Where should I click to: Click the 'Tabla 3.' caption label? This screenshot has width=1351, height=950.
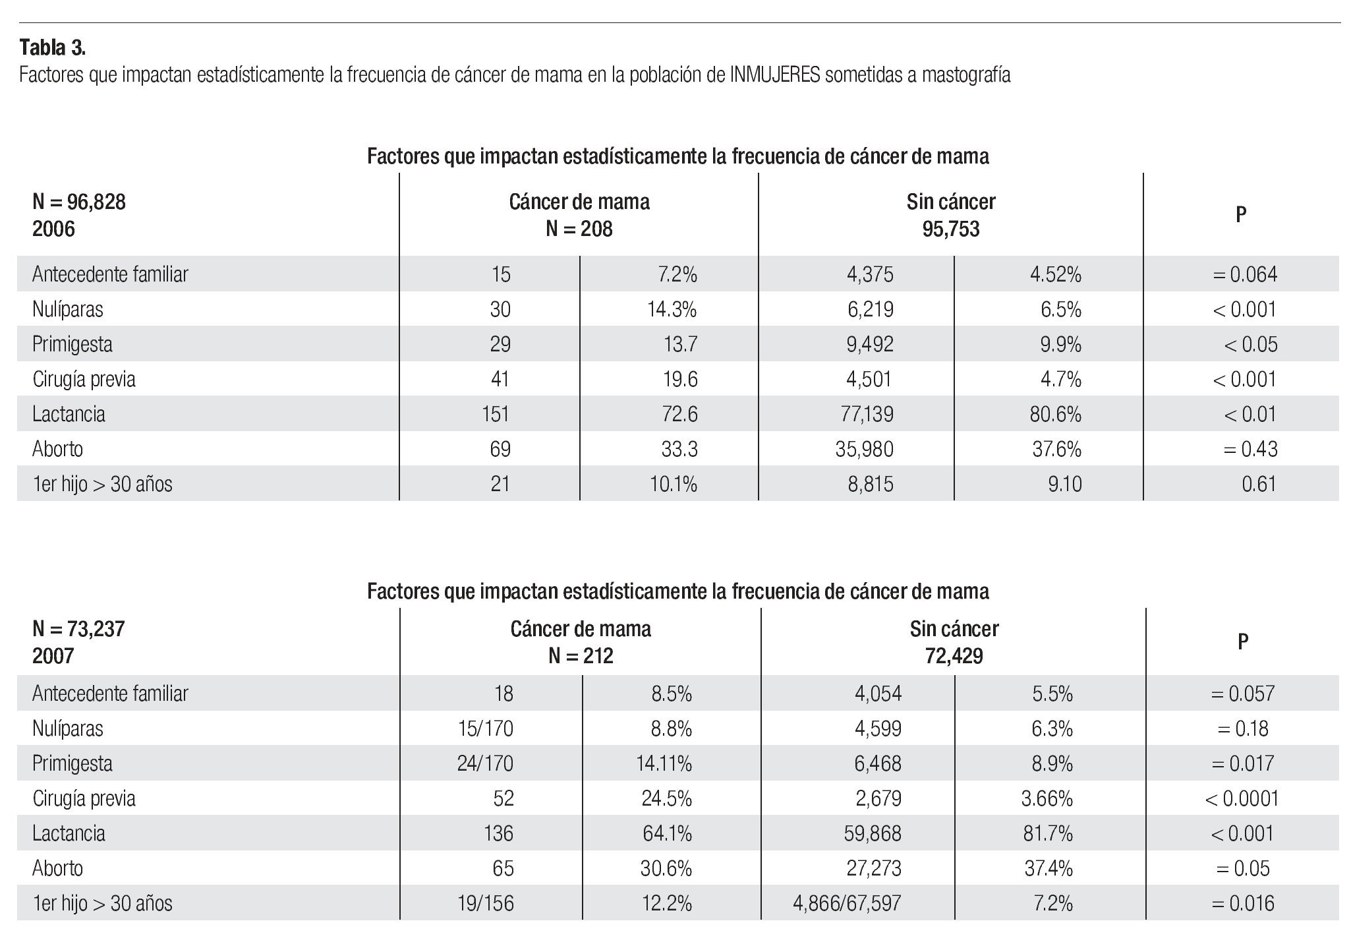click(53, 47)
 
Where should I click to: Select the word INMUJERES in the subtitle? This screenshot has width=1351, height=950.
click(774, 75)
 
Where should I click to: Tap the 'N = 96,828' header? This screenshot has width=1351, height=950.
click(79, 202)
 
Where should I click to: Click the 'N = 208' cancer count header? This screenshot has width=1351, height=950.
click(579, 229)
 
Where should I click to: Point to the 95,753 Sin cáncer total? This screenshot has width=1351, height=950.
click(951, 229)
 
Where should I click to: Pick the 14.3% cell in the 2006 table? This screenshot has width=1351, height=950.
click(672, 309)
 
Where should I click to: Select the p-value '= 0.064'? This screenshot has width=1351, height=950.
click(1244, 274)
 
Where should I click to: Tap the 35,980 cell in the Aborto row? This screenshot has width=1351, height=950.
click(864, 449)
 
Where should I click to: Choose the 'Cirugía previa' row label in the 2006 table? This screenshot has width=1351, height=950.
click(84, 379)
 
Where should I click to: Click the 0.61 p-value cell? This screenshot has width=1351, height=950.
click(1259, 484)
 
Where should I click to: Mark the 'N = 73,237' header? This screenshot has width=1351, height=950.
click(78, 629)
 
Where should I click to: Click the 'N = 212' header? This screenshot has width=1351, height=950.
click(580, 656)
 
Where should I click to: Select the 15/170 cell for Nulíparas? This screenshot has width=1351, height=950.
click(485, 728)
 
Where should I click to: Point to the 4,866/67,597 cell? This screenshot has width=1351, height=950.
click(847, 903)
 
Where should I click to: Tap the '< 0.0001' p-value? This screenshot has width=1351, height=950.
click(1242, 798)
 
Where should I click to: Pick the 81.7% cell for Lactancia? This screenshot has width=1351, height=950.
click(1048, 833)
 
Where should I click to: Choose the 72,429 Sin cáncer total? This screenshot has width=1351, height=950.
click(954, 656)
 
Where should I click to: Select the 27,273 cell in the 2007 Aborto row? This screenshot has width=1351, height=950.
click(873, 868)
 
